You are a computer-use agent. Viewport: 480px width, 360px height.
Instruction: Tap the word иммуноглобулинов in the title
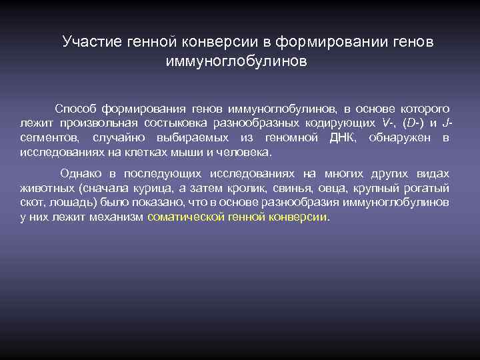(236, 62)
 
